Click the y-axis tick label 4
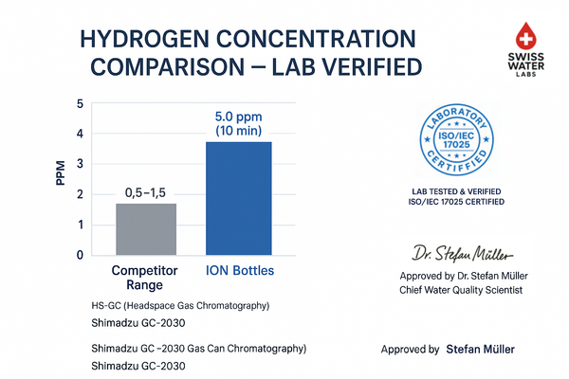point(80,134)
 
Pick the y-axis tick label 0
point(80,255)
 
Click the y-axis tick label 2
point(80,194)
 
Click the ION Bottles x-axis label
point(239,271)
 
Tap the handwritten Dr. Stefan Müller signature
point(463,254)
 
